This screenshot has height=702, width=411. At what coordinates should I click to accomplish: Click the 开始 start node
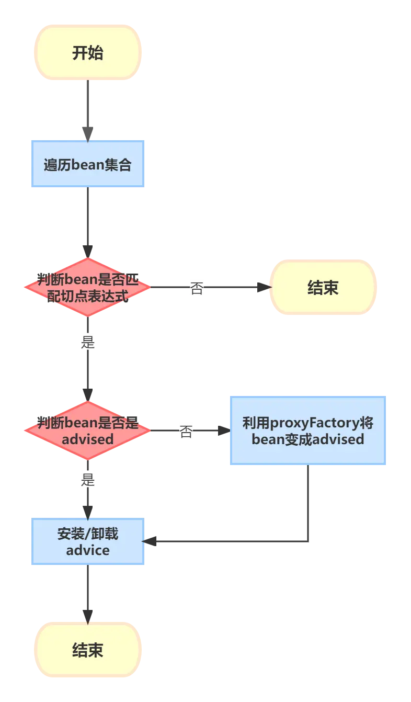88,53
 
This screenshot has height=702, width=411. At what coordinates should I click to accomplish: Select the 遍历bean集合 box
88,164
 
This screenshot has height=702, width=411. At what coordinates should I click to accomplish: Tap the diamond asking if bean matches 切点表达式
87,287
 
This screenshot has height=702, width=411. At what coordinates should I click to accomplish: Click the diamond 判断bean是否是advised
87,431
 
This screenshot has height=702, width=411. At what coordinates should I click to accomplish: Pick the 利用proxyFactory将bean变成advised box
308,431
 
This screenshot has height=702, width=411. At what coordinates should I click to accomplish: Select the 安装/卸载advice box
88,541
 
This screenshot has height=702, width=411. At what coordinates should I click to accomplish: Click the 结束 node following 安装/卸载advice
88,650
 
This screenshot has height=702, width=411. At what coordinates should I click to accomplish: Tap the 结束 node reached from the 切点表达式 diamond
323,287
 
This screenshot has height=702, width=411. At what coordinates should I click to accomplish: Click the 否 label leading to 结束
196,288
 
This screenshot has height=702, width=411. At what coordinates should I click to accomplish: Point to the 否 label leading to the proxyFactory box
186,432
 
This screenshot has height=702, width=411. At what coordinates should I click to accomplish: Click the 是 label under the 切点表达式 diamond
88,342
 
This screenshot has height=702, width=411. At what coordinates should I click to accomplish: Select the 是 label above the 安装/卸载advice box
88,479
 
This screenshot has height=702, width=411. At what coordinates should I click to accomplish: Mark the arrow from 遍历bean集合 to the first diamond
88,220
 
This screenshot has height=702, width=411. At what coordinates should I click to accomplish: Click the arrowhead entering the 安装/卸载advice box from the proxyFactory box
151,542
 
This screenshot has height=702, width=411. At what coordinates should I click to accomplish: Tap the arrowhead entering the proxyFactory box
223,431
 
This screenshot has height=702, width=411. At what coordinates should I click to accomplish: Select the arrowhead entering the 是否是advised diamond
88,390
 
